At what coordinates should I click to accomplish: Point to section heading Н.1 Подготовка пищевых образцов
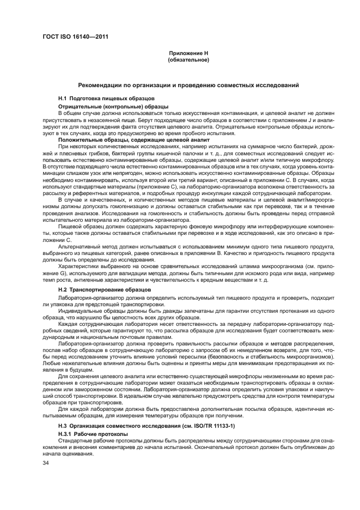100,98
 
